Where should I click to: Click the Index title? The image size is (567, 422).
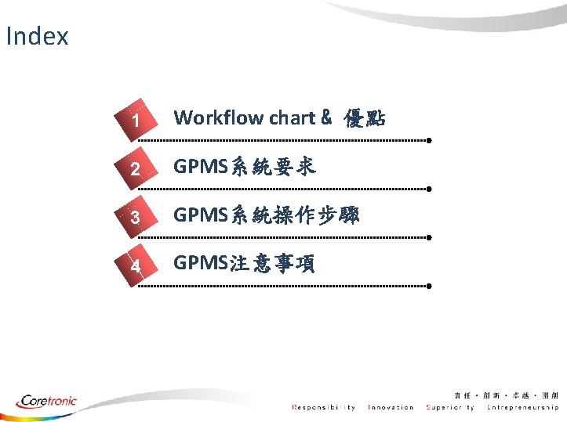[37, 36]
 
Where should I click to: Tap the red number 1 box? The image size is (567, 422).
[136, 120]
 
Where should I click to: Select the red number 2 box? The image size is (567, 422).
[136, 168]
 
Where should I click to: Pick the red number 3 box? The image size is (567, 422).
[136, 217]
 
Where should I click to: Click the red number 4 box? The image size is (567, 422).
[136, 265]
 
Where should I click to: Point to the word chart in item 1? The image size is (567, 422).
[292, 117]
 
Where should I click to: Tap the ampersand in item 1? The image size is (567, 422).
[325, 117]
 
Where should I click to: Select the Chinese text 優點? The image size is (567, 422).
[364, 118]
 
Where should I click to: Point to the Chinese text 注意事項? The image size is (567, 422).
[271, 264]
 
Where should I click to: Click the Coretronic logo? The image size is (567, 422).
[47, 401]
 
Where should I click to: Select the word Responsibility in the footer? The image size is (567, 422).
[323, 407]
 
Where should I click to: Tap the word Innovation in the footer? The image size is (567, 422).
[391, 407]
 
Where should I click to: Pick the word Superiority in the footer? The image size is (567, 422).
[450, 407]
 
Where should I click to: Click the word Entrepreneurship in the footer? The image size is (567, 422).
[522, 407]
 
